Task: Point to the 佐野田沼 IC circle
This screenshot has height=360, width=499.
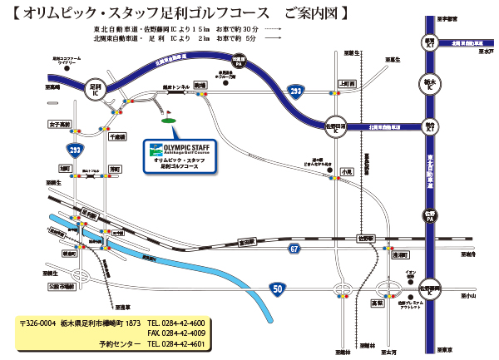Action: pyautogui.click(x=335, y=127)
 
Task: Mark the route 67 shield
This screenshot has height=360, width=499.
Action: pyautogui.click(x=294, y=247)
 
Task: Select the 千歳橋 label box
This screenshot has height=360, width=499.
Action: pyautogui.click(x=117, y=136)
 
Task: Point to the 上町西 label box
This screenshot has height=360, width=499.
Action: pyautogui.click(x=348, y=84)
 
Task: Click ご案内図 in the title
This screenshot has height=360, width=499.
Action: pyautogui.click(x=314, y=14)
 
